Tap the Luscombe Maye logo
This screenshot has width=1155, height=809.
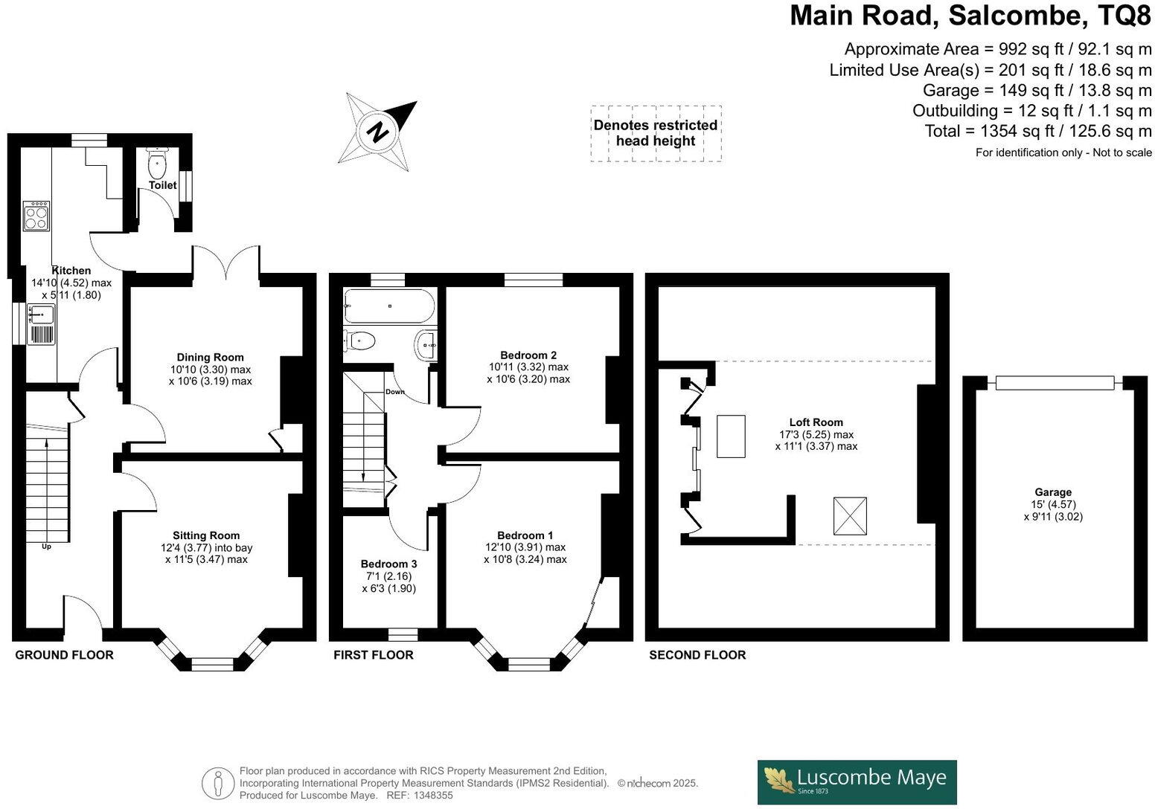click(x=857, y=781)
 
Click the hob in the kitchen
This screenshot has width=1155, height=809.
click(x=36, y=216)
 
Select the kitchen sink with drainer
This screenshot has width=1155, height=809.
click(x=42, y=324)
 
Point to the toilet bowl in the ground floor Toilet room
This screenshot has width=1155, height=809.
click(x=158, y=163)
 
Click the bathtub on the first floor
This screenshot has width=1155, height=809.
click(x=388, y=305)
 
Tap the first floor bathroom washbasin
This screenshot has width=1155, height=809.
click(x=427, y=344)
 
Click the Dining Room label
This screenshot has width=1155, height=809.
click(x=210, y=357)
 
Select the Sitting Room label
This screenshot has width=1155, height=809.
click(x=206, y=535)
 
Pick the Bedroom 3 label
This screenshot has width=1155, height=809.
click(x=388, y=564)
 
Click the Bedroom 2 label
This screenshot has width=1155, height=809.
click(x=528, y=355)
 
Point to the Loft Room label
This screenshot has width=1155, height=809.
click(x=816, y=422)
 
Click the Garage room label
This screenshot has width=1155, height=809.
click(x=1053, y=492)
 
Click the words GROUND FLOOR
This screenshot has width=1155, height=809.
click(x=65, y=655)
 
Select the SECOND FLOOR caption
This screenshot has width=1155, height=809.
click(x=697, y=655)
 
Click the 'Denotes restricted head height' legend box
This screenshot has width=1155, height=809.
click(x=656, y=133)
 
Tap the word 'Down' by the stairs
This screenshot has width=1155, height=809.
click(x=395, y=392)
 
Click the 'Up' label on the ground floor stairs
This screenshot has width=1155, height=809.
click(x=46, y=547)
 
